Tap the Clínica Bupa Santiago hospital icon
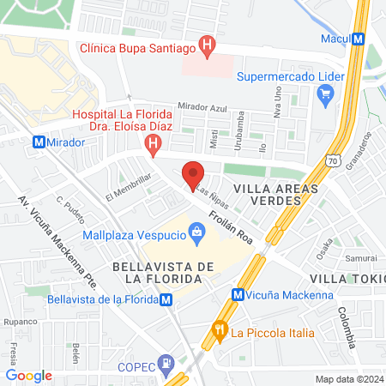[206, 44]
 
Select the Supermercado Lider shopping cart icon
[325, 96]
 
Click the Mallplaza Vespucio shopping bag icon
[197, 231]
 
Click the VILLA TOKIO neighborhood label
[347, 280]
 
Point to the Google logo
[29, 376]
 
